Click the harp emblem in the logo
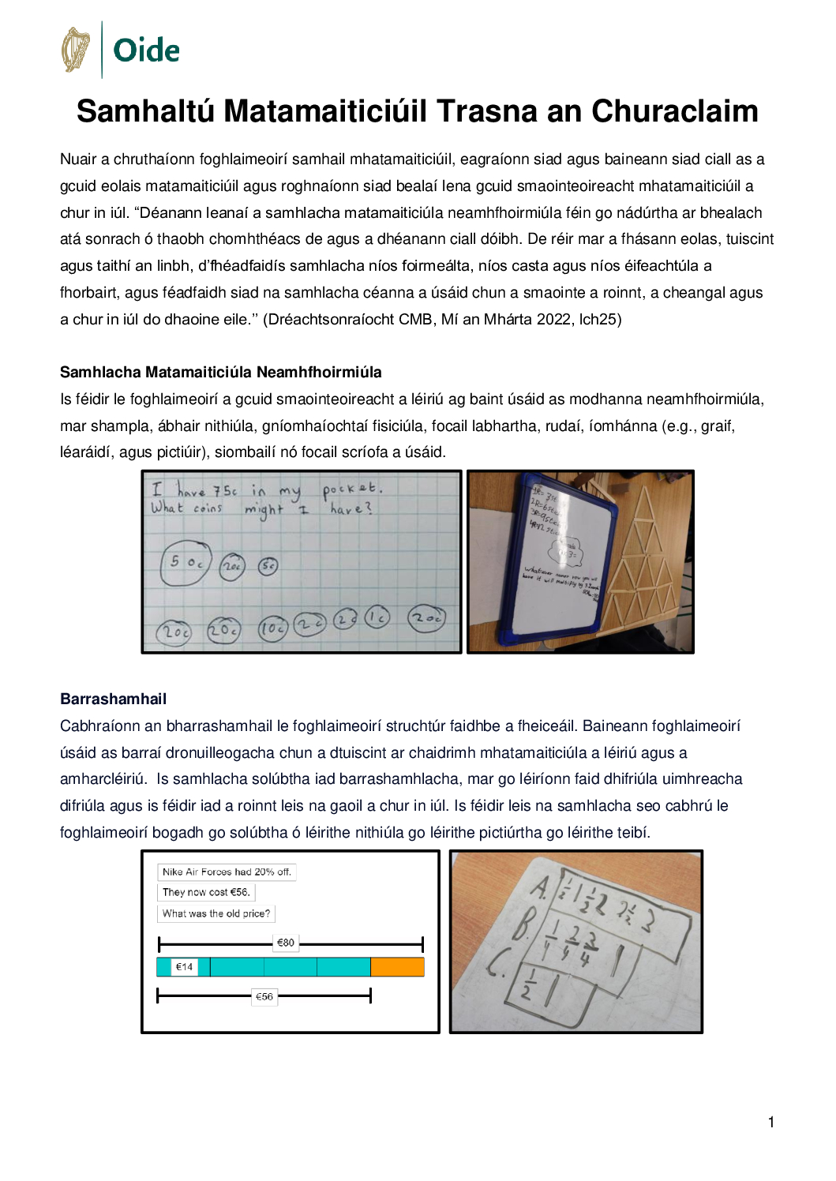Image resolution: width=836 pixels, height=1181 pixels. click(x=76, y=50)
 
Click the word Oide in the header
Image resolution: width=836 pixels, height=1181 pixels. click(x=146, y=51)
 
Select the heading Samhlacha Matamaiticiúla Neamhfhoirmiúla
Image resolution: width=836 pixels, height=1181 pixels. click(x=220, y=372)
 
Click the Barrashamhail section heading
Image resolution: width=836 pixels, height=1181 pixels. click(x=113, y=699)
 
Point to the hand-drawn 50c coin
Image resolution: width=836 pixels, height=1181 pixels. click(x=186, y=562)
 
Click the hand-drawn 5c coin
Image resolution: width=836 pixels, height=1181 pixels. click(x=268, y=565)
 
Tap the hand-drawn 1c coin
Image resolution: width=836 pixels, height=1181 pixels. click(x=377, y=617)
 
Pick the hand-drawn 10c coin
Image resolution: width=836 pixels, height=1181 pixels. click(x=272, y=628)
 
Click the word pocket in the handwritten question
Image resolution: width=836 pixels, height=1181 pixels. click(x=351, y=489)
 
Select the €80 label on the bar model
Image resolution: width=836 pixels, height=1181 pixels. click(x=286, y=943)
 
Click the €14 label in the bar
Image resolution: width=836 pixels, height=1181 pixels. click(x=184, y=967)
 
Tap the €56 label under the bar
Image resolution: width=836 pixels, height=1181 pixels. click(x=264, y=996)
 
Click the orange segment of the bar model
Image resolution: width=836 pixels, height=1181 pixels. click(x=397, y=967)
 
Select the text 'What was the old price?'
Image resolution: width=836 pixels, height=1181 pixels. click(x=216, y=913)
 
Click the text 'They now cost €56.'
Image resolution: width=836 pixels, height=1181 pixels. click(x=206, y=892)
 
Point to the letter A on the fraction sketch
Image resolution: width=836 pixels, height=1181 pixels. click(x=539, y=887)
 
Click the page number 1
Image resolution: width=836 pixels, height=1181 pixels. click(x=771, y=1122)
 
